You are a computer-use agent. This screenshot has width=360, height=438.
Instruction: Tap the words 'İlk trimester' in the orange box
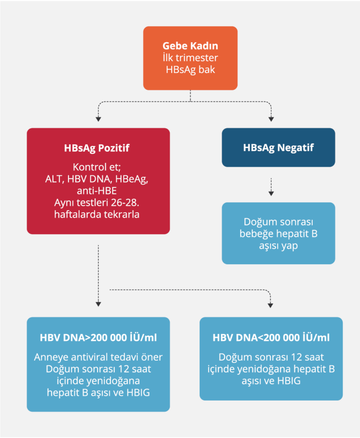(190, 58)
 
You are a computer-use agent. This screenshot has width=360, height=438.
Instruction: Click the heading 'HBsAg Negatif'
(278, 148)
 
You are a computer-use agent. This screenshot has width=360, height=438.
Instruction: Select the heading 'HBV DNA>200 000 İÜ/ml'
(98, 338)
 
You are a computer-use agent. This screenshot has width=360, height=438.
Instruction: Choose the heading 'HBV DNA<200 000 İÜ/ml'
(271, 338)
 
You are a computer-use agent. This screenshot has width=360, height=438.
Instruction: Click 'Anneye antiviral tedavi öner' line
(98, 357)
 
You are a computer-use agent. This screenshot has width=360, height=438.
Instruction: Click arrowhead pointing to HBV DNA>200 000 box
(98, 304)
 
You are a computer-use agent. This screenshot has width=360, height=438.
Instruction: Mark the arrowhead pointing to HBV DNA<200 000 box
(271, 304)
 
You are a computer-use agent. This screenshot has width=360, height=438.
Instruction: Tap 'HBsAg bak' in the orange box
(190, 69)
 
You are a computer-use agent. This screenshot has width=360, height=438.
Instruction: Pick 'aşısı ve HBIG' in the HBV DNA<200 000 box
(271, 380)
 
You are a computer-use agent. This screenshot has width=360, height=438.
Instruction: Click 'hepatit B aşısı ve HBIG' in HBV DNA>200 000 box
(98, 392)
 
